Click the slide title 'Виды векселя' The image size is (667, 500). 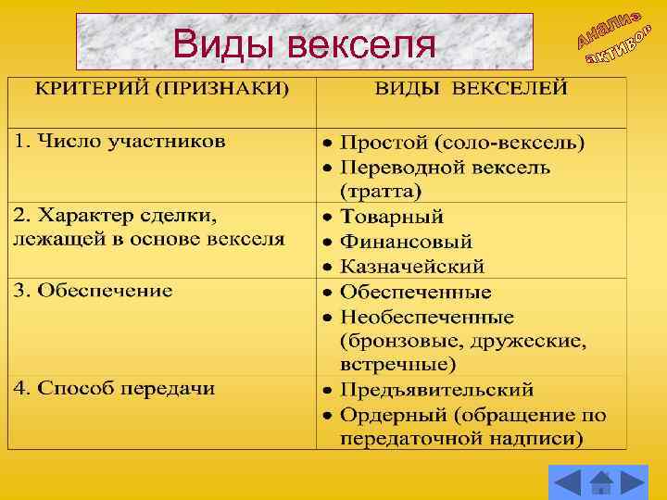304,43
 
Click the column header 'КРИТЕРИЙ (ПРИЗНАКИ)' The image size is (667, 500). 162,90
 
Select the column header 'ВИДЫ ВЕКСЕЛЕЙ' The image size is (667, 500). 471,90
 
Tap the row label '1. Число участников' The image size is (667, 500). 119,142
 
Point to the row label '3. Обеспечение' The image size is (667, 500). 93,290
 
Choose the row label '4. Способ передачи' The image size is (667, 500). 113,388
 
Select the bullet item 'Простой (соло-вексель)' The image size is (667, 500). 462,144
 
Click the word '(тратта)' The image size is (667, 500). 380,193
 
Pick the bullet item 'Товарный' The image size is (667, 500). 392,217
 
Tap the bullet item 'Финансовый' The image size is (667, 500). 406,242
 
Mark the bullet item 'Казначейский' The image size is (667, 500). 412,267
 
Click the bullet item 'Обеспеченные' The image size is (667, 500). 416,292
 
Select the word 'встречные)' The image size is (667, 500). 397,363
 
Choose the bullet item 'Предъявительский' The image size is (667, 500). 436,388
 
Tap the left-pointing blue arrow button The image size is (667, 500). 567,483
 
